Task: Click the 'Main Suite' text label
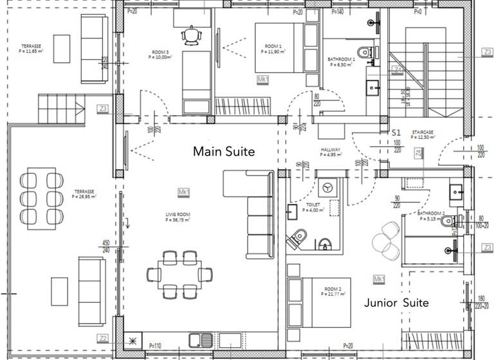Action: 224,152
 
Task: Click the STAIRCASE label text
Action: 422,134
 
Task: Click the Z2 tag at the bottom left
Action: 103,337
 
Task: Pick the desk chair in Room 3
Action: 191,35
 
